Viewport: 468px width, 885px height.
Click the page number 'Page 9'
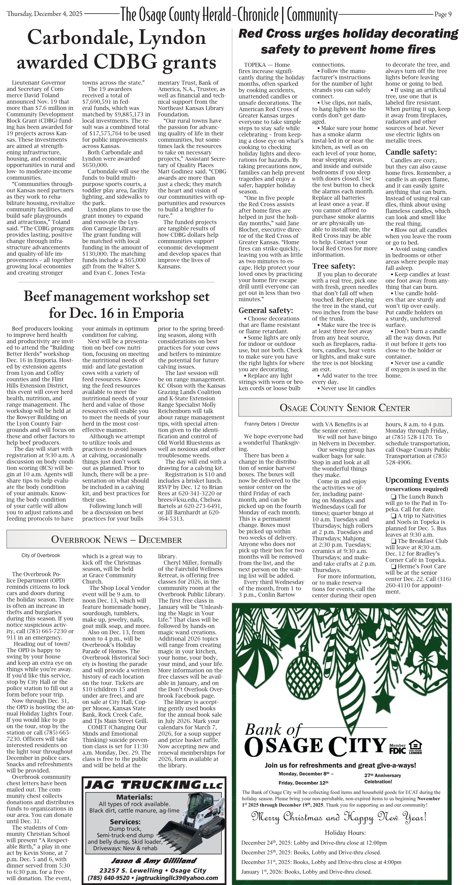pos(443,14)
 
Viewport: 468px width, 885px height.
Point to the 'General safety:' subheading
pos(266,310)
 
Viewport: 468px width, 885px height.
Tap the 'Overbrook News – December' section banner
pos(117,539)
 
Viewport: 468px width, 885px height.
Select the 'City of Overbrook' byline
pos(41,555)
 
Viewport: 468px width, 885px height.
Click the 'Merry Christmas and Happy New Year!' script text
pos(339,817)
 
